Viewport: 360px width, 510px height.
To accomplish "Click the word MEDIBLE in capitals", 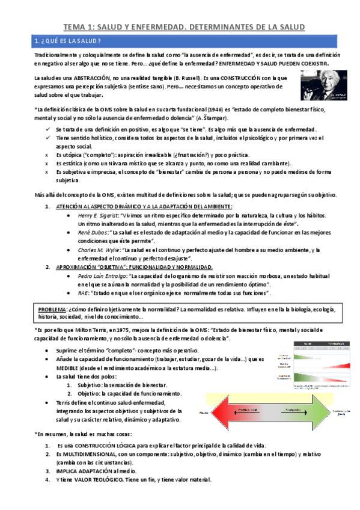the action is tap(82, 367).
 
